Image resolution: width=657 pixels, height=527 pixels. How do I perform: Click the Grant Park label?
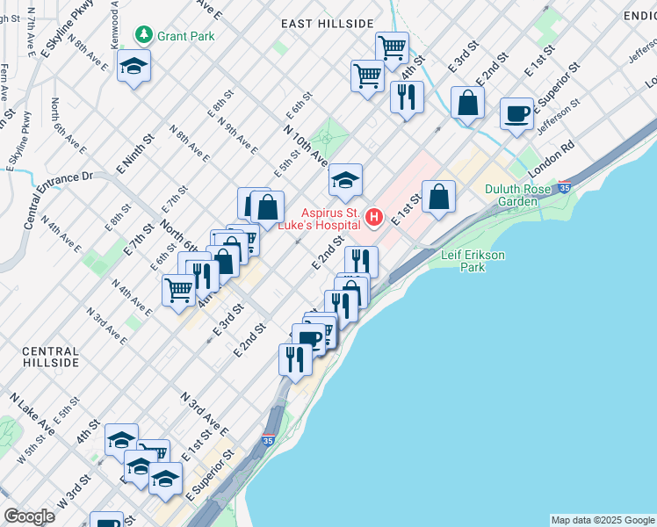pos(185,36)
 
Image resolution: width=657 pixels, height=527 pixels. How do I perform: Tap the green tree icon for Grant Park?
pos(144,35)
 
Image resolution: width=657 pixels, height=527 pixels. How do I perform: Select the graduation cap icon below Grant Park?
pos(134,66)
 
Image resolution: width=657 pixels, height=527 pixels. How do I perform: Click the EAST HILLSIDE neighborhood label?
pos(328,24)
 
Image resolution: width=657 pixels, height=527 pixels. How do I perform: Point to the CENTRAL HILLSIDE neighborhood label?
pos(50,357)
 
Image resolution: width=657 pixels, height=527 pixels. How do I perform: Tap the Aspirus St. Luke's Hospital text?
pos(331,219)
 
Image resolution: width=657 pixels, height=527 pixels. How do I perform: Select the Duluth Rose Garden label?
pos(517,195)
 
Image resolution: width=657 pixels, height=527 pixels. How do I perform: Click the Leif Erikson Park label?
pos(473,260)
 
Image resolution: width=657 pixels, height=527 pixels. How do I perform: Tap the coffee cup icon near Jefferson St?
pos(517,114)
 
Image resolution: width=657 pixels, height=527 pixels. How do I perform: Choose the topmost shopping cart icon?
pos(392,46)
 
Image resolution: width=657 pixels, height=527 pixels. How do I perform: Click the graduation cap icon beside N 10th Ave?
pos(346,181)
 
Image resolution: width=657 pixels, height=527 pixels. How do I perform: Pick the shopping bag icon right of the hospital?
pos(438,197)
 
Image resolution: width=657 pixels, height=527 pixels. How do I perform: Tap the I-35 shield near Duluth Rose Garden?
pos(564,187)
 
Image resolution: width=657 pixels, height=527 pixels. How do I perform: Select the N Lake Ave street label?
pos(32,415)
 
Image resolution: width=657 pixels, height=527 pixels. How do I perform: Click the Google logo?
pos(29,516)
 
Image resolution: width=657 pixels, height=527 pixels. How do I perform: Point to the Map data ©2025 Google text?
pos(602,520)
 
